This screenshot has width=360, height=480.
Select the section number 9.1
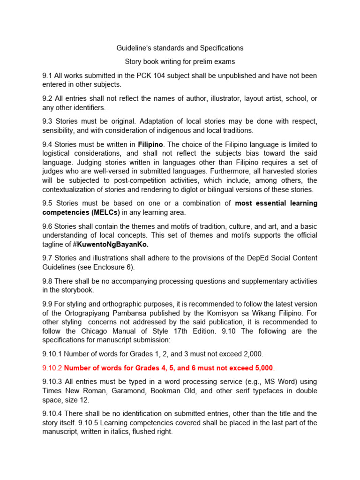47,75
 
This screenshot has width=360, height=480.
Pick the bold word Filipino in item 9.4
149,144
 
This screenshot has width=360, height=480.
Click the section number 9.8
47,281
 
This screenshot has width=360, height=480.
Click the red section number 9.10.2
52,368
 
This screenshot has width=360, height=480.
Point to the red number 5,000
262,368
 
